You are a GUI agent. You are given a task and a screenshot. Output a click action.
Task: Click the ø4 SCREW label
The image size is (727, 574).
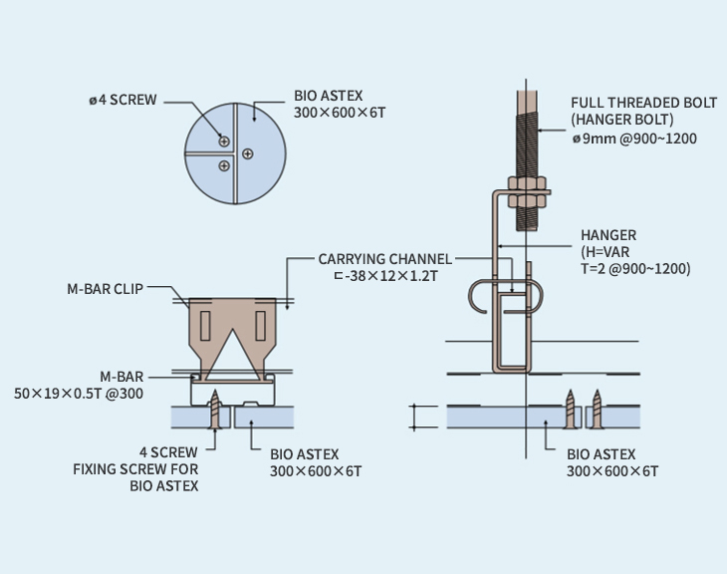click(x=122, y=101)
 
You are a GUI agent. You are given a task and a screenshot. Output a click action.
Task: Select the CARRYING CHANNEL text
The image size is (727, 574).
click(x=384, y=259)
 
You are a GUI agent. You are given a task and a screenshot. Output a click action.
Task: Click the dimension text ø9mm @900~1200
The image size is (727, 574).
click(x=634, y=139)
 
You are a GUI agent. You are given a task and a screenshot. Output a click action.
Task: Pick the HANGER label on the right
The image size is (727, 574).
click(x=608, y=236)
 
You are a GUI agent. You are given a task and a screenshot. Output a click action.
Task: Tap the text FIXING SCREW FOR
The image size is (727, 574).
click(x=135, y=468)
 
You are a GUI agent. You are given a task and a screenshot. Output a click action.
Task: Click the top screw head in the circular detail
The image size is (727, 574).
click(x=225, y=142)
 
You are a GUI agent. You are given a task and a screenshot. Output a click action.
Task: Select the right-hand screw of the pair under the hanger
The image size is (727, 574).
click(x=597, y=410)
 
